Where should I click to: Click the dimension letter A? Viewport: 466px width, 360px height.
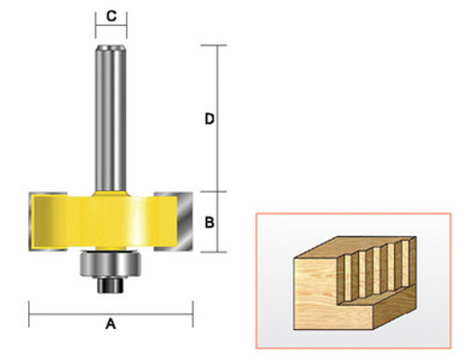tap(110, 325)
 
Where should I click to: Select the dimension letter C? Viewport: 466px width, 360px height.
tap(111, 15)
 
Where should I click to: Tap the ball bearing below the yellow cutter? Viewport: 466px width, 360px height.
tap(111, 263)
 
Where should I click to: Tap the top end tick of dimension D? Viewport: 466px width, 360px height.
tap(218, 46)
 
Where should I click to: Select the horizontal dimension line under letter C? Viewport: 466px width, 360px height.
tap(111, 30)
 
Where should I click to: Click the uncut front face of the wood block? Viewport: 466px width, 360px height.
tap(317, 299)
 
